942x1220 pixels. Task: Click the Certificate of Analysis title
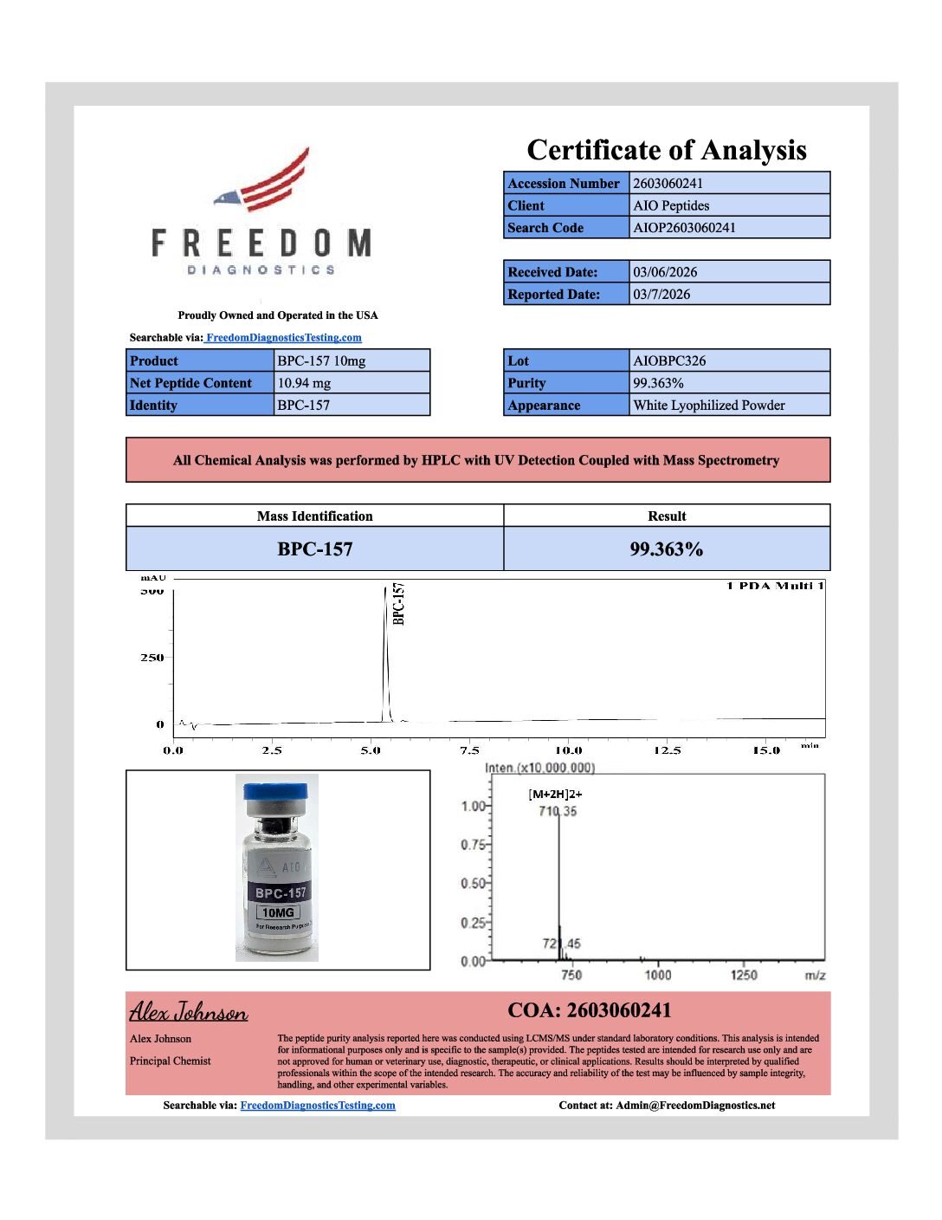[x=667, y=150]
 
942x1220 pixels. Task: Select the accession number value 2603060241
[x=668, y=184]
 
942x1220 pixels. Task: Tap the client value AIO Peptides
[x=671, y=206]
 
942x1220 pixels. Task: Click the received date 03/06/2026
[x=665, y=272]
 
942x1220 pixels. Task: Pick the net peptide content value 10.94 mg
[x=304, y=383]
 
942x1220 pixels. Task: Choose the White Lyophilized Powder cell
[x=709, y=406]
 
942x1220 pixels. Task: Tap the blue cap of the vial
[x=275, y=791]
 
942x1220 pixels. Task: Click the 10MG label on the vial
[x=278, y=912]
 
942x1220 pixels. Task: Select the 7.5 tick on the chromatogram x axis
[x=469, y=750]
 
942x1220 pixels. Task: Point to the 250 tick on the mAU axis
[x=152, y=658]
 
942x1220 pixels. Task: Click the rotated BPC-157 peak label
[x=398, y=603]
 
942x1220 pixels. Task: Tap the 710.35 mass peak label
[x=558, y=811]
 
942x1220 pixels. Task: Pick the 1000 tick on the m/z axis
[x=658, y=975]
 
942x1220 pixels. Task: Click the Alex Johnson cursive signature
[x=189, y=1011]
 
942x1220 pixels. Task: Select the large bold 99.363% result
[x=666, y=549]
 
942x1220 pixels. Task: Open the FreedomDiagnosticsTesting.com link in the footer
[x=317, y=1106]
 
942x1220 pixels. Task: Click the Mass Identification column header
[x=314, y=516]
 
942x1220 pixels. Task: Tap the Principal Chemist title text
[x=171, y=1061]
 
